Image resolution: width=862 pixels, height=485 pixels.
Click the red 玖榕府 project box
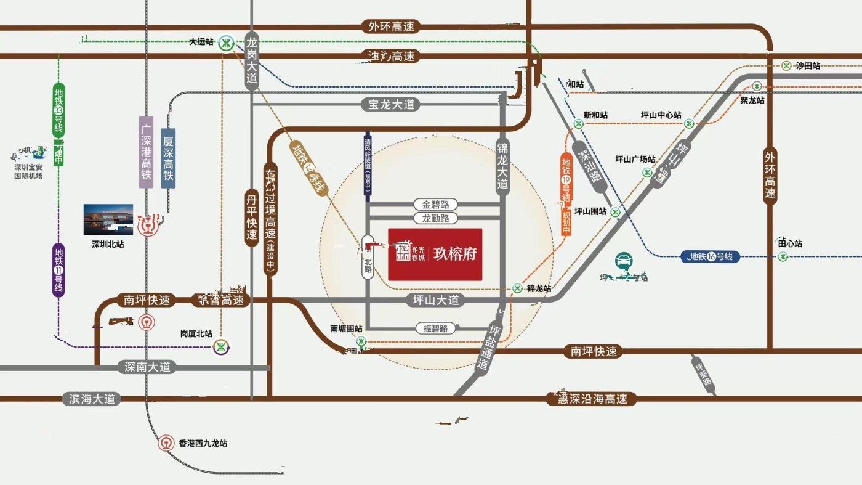click(x=435, y=254)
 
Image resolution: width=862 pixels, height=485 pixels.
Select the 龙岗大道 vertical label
click(x=251, y=62)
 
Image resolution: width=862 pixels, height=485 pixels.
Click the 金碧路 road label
click(x=435, y=204)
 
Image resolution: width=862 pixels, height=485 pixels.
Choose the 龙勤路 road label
click(x=435, y=218)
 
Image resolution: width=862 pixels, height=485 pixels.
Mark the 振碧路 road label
click(x=435, y=328)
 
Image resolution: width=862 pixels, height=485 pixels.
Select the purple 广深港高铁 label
click(x=146, y=152)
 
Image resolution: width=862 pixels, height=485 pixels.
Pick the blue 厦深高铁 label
click(x=168, y=158)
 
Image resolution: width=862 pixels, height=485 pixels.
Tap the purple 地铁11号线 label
click(x=58, y=270)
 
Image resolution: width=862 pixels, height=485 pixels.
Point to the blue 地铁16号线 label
click(x=711, y=256)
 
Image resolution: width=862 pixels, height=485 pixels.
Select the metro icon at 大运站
click(x=227, y=43)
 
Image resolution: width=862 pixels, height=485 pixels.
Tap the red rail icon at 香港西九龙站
click(x=166, y=443)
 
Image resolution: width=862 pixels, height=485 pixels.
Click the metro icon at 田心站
click(x=783, y=256)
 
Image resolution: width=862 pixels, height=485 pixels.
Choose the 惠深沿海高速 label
click(x=591, y=399)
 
